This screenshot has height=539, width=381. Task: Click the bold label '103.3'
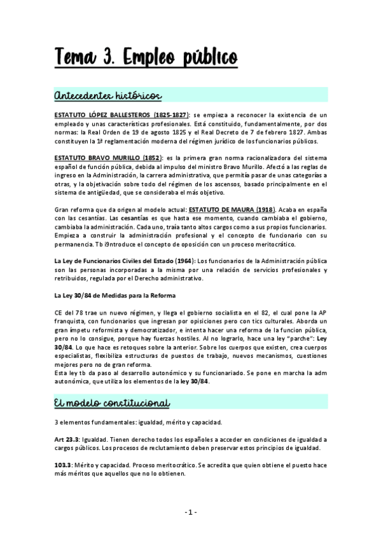[62, 465]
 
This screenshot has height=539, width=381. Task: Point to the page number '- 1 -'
[190, 512]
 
